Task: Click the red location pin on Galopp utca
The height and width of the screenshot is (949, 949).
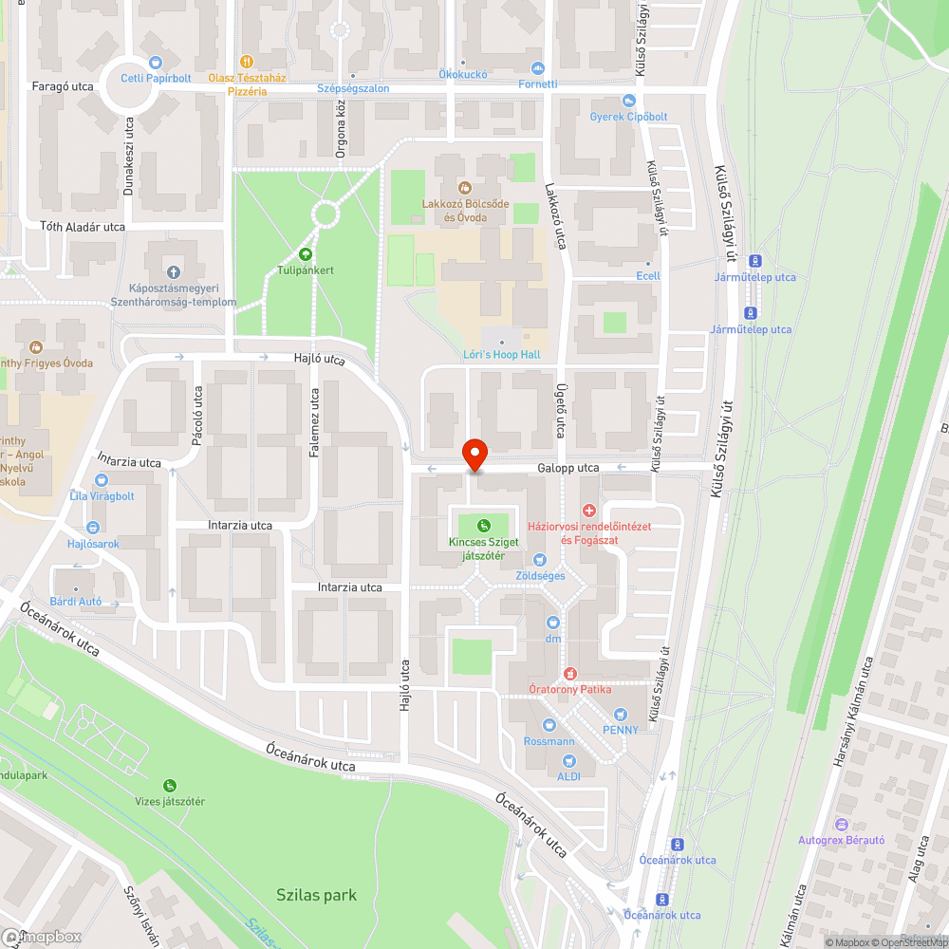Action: pos(474,455)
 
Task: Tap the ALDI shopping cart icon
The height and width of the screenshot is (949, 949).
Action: pos(568,760)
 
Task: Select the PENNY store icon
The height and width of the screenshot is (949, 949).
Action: pos(621,714)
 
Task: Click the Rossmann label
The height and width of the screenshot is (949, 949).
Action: pos(549,741)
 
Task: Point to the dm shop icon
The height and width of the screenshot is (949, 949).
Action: pos(553,622)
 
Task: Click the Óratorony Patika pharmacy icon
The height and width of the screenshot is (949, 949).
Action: pos(570,674)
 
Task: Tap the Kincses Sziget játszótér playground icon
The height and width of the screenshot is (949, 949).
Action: pos(484,525)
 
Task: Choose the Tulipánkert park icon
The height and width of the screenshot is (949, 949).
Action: pos(306,253)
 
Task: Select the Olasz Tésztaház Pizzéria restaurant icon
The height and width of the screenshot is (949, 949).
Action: pos(247,61)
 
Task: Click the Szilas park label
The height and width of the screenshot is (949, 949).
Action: pos(317,895)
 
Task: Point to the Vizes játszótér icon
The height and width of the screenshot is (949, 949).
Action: pos(170,785)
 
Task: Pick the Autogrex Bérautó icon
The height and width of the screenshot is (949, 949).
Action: pos(841,824)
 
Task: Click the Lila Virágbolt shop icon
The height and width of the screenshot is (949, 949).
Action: pos(102,480)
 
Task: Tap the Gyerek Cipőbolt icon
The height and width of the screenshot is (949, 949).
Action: pos(627,101)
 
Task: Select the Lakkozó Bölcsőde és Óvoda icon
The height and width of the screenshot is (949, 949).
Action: pos(465,187)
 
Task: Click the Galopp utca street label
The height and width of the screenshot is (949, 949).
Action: pos(568,468)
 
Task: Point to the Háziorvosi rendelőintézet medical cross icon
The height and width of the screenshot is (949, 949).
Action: pos(588,511)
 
